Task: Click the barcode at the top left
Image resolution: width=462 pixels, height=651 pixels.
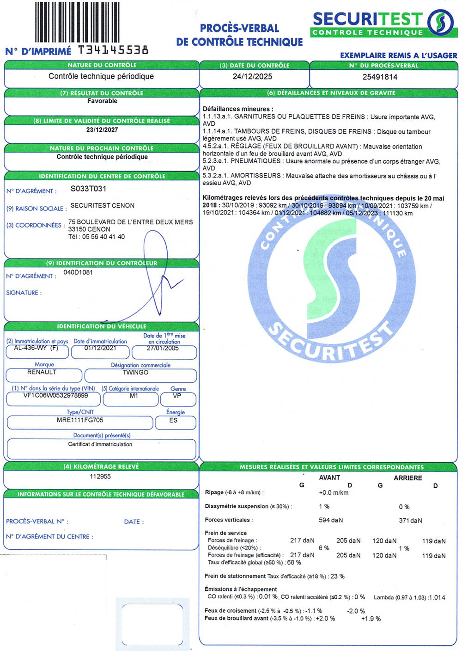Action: pos(77,22)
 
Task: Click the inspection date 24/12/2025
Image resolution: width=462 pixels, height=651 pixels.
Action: pos(252,77)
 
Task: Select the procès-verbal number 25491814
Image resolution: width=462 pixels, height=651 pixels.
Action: pos(380,77)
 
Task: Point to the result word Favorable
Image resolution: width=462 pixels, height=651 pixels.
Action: pos(102,101)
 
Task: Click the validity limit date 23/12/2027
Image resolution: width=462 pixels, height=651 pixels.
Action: pos(102,130)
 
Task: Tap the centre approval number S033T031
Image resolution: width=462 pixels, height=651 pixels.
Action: pos(88,189)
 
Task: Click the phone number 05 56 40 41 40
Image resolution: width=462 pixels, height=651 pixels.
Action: pos(103,237)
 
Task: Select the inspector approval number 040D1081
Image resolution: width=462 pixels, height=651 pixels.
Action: pos(78,272)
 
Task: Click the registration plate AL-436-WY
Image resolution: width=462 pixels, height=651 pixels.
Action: pos(31,348)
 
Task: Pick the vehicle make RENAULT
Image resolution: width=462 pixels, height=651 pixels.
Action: pos(42,372)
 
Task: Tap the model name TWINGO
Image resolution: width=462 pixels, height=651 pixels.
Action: pos(135,372)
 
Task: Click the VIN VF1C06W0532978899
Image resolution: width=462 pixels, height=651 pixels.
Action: pos(55,396)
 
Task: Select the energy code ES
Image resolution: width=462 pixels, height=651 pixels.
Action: pos(173,420)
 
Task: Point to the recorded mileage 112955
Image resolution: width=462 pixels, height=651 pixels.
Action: pos(100,477)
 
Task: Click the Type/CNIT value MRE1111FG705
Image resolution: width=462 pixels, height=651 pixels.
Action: pos(80,420)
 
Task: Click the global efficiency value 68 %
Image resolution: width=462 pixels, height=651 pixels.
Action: pos(294,563)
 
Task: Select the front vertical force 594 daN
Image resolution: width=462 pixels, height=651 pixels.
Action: pos(331,520)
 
